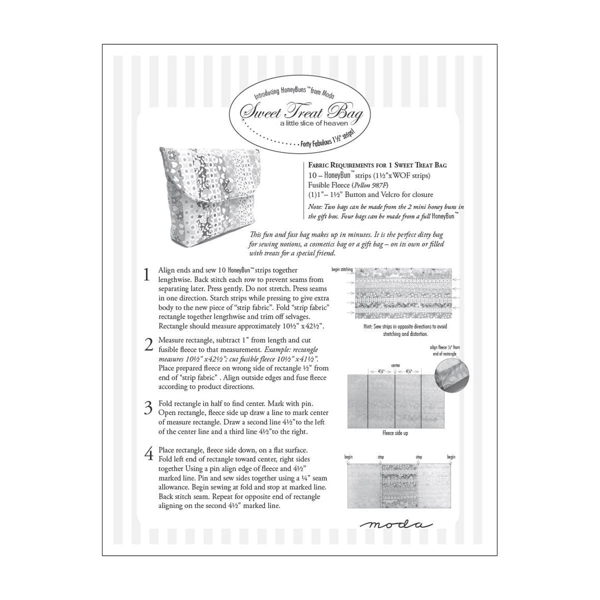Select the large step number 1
(x=146, y=275)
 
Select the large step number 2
(x=147, y=345)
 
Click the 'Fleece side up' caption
(x=397, y=433)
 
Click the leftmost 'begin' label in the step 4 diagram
(x=349, y=457)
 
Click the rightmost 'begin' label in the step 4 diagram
(x=451, y=457)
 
